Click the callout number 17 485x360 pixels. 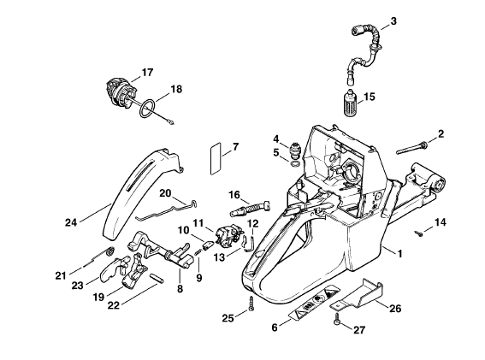click(x=147, y=73)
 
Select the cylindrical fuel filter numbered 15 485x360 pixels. click(x=352, y=103)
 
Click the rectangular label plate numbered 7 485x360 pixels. click(x=216, y=159)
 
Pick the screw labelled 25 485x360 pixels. click(x=251, y=304)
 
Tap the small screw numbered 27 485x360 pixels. click(x=337, y=320)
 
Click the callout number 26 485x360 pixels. click(x=395, y=309)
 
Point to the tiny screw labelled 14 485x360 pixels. click(x=418, y=233)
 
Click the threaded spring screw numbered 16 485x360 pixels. click(x=250, y=208)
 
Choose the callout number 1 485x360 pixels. click(x=400, y=254)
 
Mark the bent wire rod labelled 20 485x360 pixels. click(x=167, y=211)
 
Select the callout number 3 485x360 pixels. click(x=393, y=21)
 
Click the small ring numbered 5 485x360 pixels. click(x=295, y=163)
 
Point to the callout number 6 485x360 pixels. click(x=275, y=328)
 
